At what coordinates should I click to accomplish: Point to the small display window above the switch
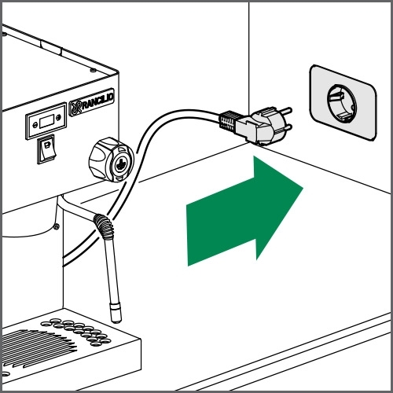[46, 123]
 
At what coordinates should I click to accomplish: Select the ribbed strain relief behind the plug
[229, 121]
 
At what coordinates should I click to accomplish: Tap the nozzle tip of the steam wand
[116, 314]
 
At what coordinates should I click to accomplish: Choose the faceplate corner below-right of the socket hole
[363, 134]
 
